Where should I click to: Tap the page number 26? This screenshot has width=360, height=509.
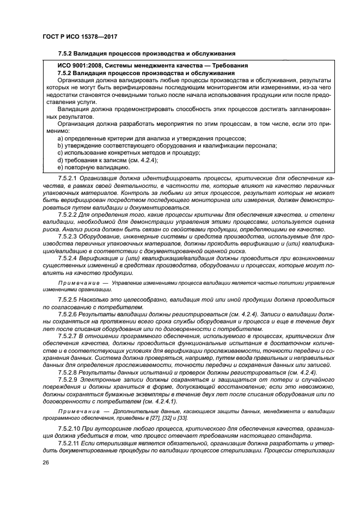coord(44,477)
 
